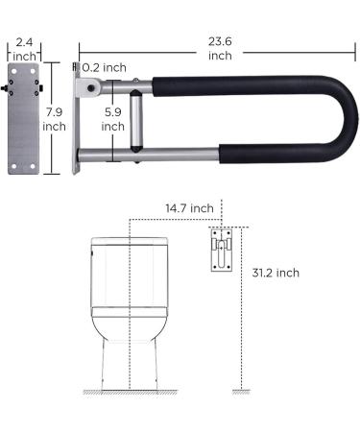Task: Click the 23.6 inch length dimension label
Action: click(x=219, y=48)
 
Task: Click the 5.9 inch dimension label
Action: click(x=112, y=118)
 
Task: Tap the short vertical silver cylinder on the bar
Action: click(x=134, y=120)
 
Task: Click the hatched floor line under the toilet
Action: click(x=128, y=393)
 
